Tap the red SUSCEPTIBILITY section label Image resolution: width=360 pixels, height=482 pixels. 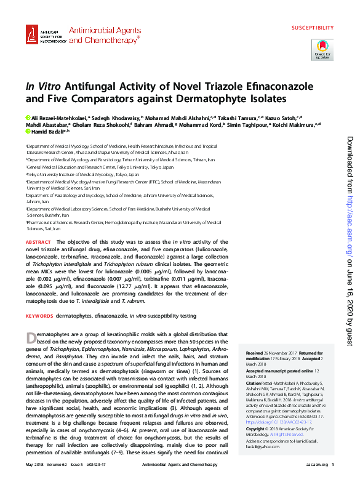point(312,28)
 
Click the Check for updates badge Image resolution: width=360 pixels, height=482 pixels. point(322,49)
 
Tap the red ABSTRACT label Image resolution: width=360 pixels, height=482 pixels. point(39,243)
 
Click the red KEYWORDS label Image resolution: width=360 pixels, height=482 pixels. point(39,315)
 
